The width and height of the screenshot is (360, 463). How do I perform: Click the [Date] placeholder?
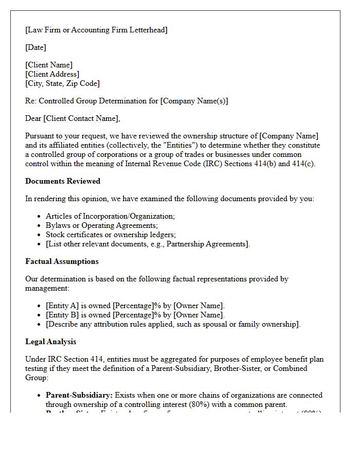pyautogui.click(x=35, y=47)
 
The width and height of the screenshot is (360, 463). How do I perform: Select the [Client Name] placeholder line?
pyautogui.click(x=49, y=65)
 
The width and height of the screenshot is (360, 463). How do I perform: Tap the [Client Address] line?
pyautogui.click(x=52, y=74)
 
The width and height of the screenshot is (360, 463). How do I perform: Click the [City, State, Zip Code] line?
pyautogui.click(x=62, y=83)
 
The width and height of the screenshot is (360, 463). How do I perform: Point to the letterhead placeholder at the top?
pyautogui.click(x=96, y=30)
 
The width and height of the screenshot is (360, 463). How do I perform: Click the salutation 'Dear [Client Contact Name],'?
pyautogui.click(x=73, y=118)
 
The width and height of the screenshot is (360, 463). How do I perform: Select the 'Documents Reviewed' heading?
pyautogui.click(x=63, y=181)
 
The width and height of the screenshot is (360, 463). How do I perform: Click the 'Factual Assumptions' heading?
pyautogui.click(x=62, y=261)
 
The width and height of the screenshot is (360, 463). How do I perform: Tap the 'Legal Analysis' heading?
pyautogui.click(x=50, y=342)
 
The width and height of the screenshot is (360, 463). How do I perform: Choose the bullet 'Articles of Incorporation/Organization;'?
pyautogui.click(x=110, y=217)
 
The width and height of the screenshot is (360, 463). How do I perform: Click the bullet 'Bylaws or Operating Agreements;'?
pyautogui.click(x=102, y=225)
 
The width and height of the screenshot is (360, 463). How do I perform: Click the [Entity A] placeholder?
pyautogui.click(x=62, y=306)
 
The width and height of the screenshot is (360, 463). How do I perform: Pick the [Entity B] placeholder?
pyautogui.click(x=62, y=315)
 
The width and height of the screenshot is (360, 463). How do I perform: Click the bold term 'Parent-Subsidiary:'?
pyautogui.click(x=79, y=395)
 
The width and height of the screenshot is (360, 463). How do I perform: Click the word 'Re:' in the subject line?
pyautogui.click(x=31, y=101)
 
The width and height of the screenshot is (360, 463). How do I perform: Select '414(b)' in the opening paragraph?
pyautogui.click(x=264, y=164)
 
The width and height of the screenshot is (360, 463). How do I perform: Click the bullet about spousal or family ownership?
pyautogui.click(x=173, y=324)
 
